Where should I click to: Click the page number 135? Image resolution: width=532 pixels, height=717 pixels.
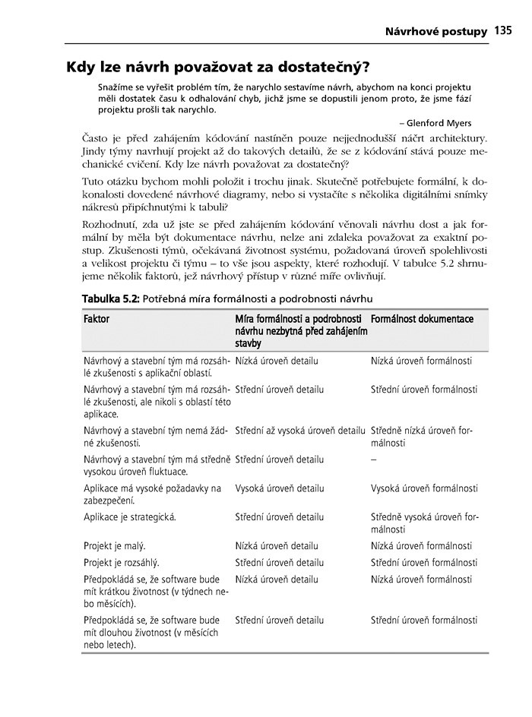click(x=502, y=31)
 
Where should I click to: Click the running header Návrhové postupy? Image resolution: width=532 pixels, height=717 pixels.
click(x=435, y=32)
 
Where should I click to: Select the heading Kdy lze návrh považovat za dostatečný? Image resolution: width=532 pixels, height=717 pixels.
click(x=218, y=66)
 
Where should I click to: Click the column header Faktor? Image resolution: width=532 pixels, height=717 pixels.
click(x=97, y=319)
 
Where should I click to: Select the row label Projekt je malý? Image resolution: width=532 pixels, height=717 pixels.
click(x=115, y=545)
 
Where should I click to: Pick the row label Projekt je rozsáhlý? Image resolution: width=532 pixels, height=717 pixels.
click(x=121, y=563)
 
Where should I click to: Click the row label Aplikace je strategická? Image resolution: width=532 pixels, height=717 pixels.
click(x=130, y=517)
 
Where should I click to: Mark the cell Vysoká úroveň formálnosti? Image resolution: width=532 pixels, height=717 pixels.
click(x=424, y=488)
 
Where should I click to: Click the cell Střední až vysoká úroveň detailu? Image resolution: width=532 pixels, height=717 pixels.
click(x=300, y=431)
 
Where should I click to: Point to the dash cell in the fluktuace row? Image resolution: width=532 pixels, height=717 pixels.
click(x=374, y=460)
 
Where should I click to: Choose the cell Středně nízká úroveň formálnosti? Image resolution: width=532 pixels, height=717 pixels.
click(x=422, y=437)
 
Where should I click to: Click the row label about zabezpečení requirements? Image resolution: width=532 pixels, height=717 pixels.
click(x=152, y=494)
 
